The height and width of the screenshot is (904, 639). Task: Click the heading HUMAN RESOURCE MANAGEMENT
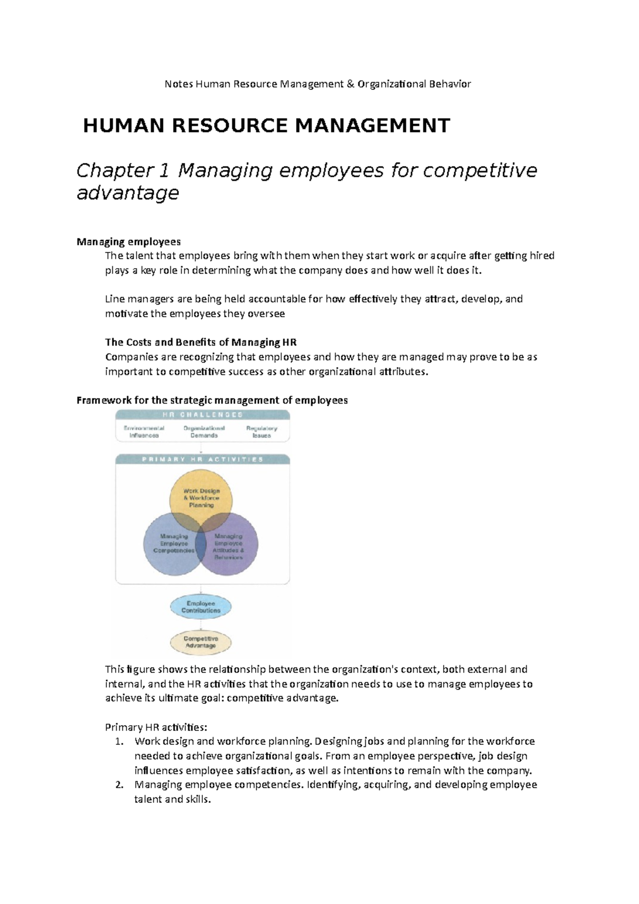tap(267, 126)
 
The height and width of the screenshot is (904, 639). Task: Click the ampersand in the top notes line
tap(349, 84)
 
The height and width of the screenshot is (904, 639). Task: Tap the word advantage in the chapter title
tap(127, 193)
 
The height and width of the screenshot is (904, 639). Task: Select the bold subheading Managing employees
tap(128, 242)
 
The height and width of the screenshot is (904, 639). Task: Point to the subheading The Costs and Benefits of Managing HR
tap(201, 342)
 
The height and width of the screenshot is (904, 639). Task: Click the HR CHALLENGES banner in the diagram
tap(203, 415)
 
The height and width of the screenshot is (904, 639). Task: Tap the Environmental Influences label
tap(144, 432)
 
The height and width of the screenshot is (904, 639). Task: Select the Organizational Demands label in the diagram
tap(204, 432)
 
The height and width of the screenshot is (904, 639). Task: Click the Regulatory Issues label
tap(261, 432)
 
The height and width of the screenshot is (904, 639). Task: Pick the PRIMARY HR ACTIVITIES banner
tap(203, 459)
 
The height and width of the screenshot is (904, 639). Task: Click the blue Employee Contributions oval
tap(201, 607)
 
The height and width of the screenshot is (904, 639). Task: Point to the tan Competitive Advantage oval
tap(201, 642)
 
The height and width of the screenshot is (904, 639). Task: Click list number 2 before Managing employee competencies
tap(120, 785)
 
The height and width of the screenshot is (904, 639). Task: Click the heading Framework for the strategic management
tap(212, 400)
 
